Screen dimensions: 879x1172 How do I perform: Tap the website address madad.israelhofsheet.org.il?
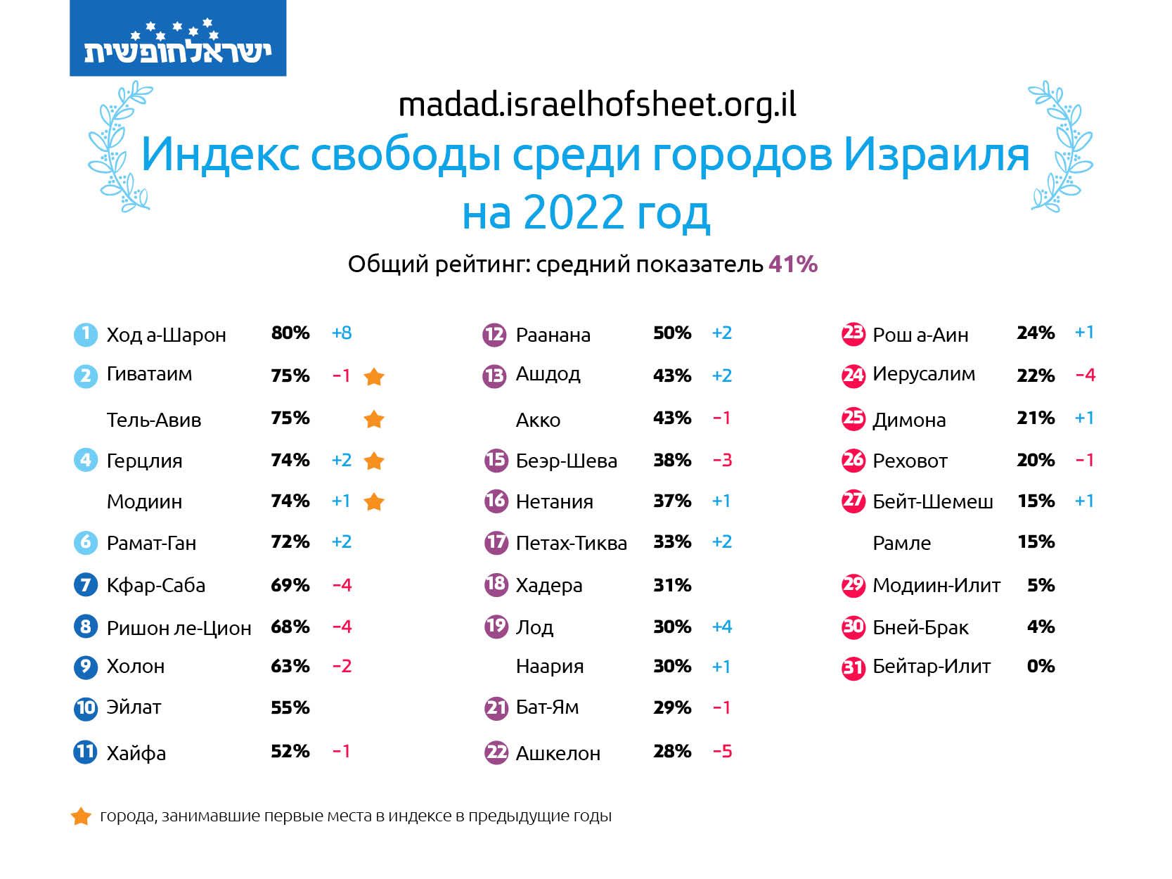(597, 105)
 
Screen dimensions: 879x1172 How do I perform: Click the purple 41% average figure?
(792, 264)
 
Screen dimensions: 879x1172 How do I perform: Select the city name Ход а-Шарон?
(166, 335)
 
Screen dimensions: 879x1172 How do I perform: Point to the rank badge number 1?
(85, 333)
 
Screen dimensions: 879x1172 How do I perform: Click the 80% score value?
(290, 333)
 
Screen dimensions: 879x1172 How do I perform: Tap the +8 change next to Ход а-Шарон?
(342, 333)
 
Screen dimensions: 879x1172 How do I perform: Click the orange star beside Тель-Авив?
(374, 420)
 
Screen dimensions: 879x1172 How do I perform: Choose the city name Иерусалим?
(923, 374)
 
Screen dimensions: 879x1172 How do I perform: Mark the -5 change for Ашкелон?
(722, 752)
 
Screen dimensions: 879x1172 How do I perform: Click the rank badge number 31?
(853, 667)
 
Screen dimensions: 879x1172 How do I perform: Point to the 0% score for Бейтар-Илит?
(1041, 666)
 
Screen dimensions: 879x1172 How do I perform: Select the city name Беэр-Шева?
(566, 461)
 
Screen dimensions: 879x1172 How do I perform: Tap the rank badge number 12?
(494, 334)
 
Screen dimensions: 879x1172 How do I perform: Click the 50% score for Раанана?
(671, 333)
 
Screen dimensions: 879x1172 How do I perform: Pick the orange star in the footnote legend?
(82, 816)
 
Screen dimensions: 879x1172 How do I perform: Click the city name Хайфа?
(136, 753)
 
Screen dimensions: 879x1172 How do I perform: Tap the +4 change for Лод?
(722, 627)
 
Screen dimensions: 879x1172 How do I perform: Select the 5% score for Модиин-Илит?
(1041, 585)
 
